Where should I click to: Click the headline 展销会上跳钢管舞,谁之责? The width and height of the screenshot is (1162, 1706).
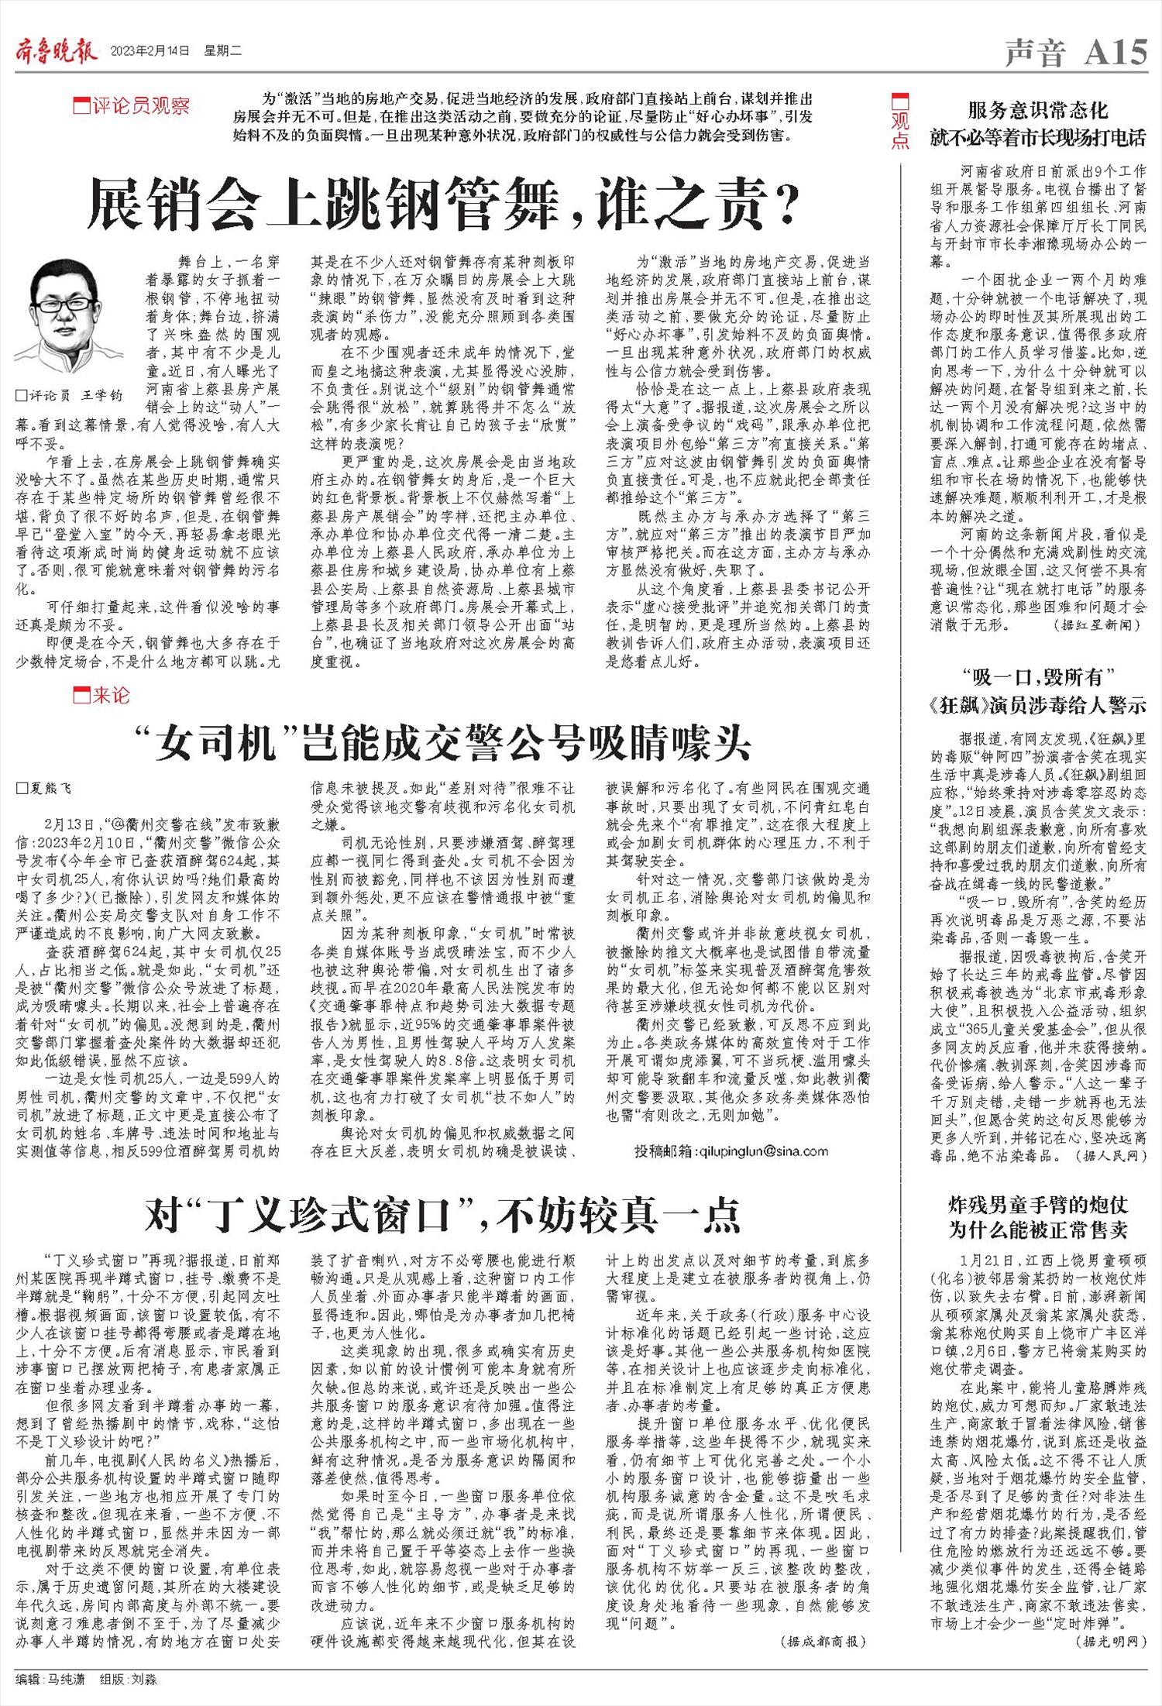click(x=442, y=204)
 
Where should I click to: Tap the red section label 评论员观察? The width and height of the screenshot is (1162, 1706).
click(x=132, y=105)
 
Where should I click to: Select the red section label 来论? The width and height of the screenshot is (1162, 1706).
click(x=102, y=696)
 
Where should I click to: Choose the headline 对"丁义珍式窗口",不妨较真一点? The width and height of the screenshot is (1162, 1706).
click(x=442, y=1216)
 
